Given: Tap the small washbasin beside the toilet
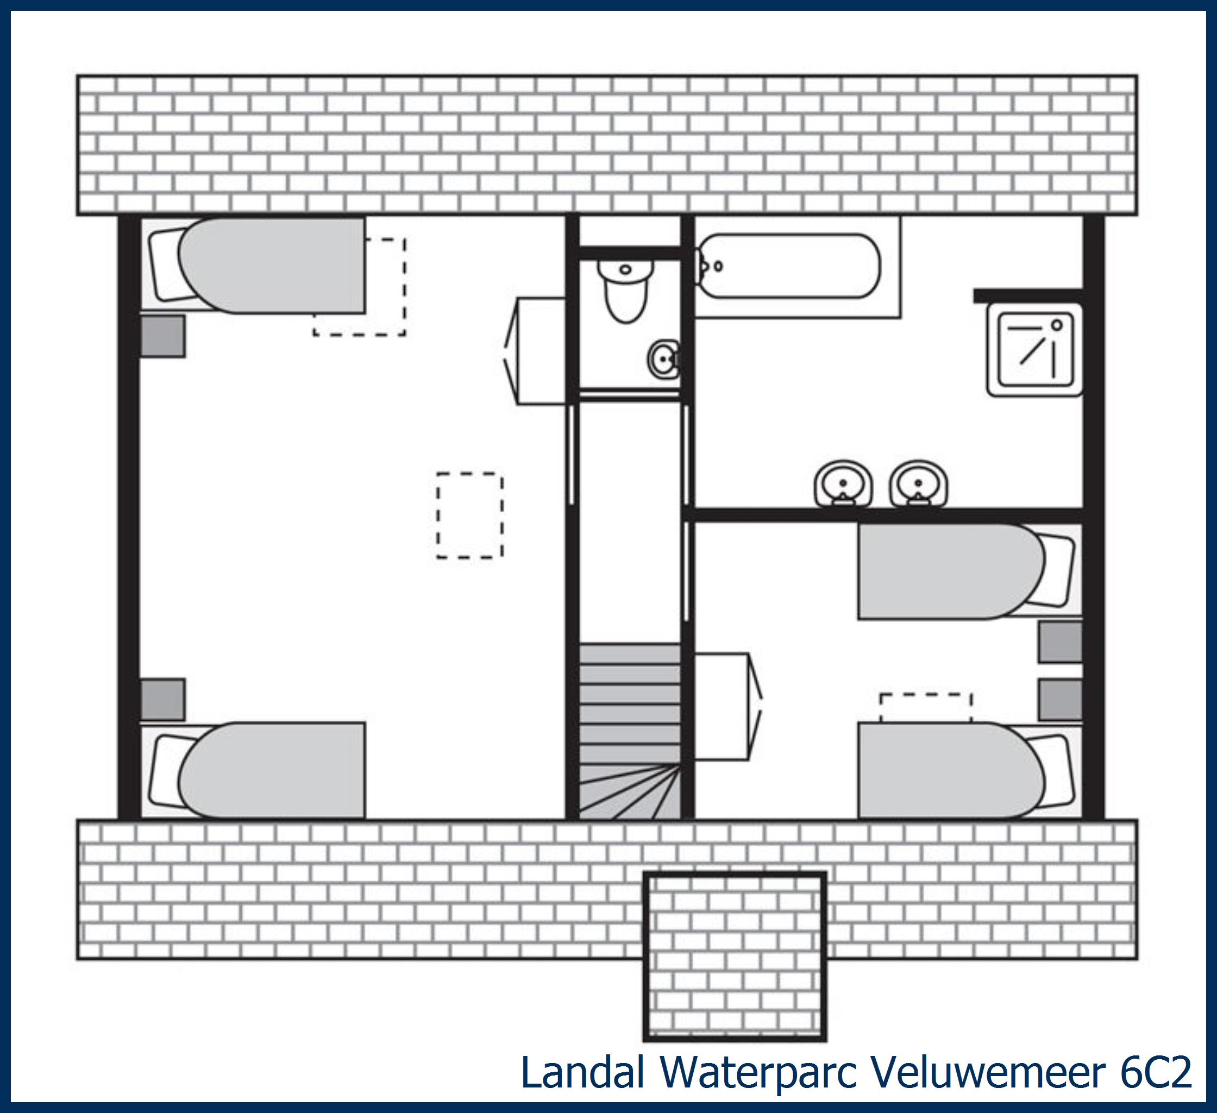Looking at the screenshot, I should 664,360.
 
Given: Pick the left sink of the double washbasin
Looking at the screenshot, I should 843,484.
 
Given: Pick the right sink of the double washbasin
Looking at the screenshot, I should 918,484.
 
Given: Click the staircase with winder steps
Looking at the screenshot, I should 630,731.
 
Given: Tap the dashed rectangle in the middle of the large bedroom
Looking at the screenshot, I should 469,515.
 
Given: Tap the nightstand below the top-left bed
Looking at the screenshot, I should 162,336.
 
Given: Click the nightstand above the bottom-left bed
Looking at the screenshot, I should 162,699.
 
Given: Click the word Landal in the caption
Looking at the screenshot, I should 582,1072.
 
